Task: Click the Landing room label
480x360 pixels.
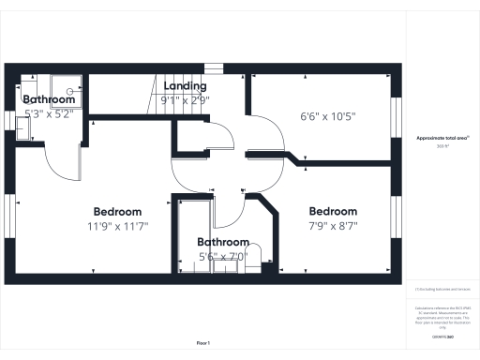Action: click(186, 86)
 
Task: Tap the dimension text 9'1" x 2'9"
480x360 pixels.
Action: click(186, 99)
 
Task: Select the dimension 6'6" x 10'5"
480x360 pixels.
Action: click(327, 117)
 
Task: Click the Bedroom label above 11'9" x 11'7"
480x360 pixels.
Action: click(117, 212)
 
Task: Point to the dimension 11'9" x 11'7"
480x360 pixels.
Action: click(117, 226)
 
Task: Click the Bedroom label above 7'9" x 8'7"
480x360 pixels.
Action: click(333, 211)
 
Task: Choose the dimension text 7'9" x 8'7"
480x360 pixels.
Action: click(333, 226)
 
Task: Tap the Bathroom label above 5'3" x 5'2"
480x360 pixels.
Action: click(49, 99)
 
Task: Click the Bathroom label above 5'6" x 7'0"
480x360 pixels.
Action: click(222, 241)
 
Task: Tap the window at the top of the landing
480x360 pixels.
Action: click(215, 67)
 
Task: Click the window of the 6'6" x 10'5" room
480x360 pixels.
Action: click(395, 118)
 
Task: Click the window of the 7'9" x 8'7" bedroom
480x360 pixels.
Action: click(395, 217)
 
